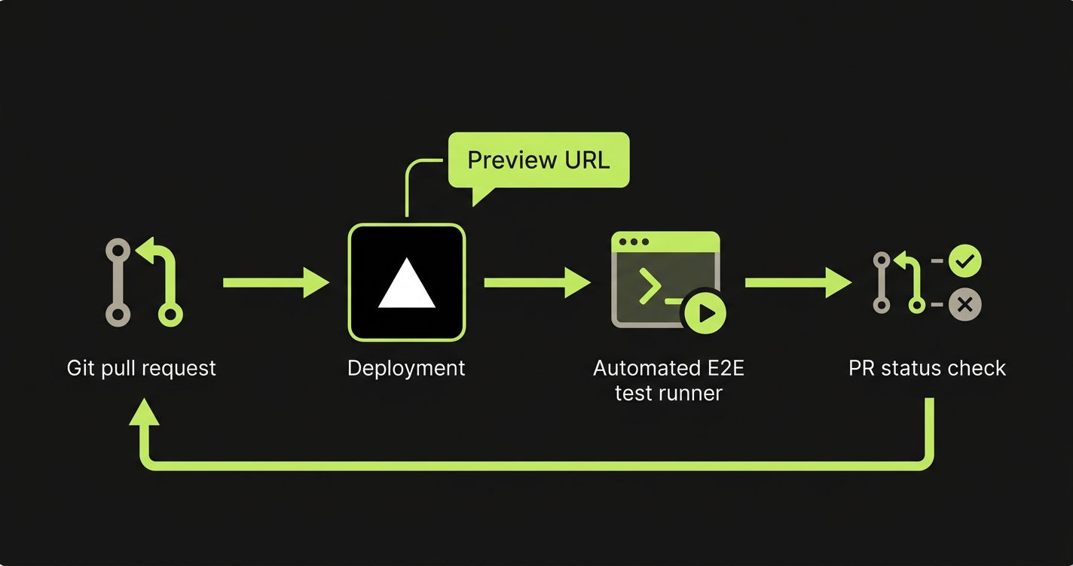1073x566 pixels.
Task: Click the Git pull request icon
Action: [143, 282]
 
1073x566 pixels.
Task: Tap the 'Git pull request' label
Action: [142, 368]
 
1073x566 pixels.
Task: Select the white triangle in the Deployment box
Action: [407, 284]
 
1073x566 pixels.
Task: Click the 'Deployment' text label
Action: [406, 368]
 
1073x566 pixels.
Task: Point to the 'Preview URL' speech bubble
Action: [538, 160]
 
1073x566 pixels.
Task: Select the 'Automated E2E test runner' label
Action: [668, 380]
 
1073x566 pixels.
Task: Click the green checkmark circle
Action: [964, 261]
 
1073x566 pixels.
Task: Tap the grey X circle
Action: [964, 305]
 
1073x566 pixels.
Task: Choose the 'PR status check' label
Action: [927, 368]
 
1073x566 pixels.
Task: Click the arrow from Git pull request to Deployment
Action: [276, 282]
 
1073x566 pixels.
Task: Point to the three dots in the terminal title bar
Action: [633, 242]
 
